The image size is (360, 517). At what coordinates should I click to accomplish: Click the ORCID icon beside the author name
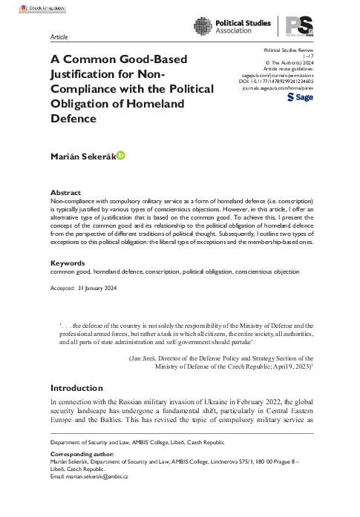pos(121,156)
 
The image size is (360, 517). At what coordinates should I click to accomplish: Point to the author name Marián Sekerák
pos(82,157)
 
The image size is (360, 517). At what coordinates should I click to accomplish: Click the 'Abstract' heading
pos(65,192)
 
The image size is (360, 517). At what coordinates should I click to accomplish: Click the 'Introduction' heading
pos(76,388)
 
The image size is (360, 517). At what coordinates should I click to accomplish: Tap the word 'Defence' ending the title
pos(74,118)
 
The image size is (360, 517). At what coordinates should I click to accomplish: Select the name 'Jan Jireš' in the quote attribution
pos(148,358)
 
